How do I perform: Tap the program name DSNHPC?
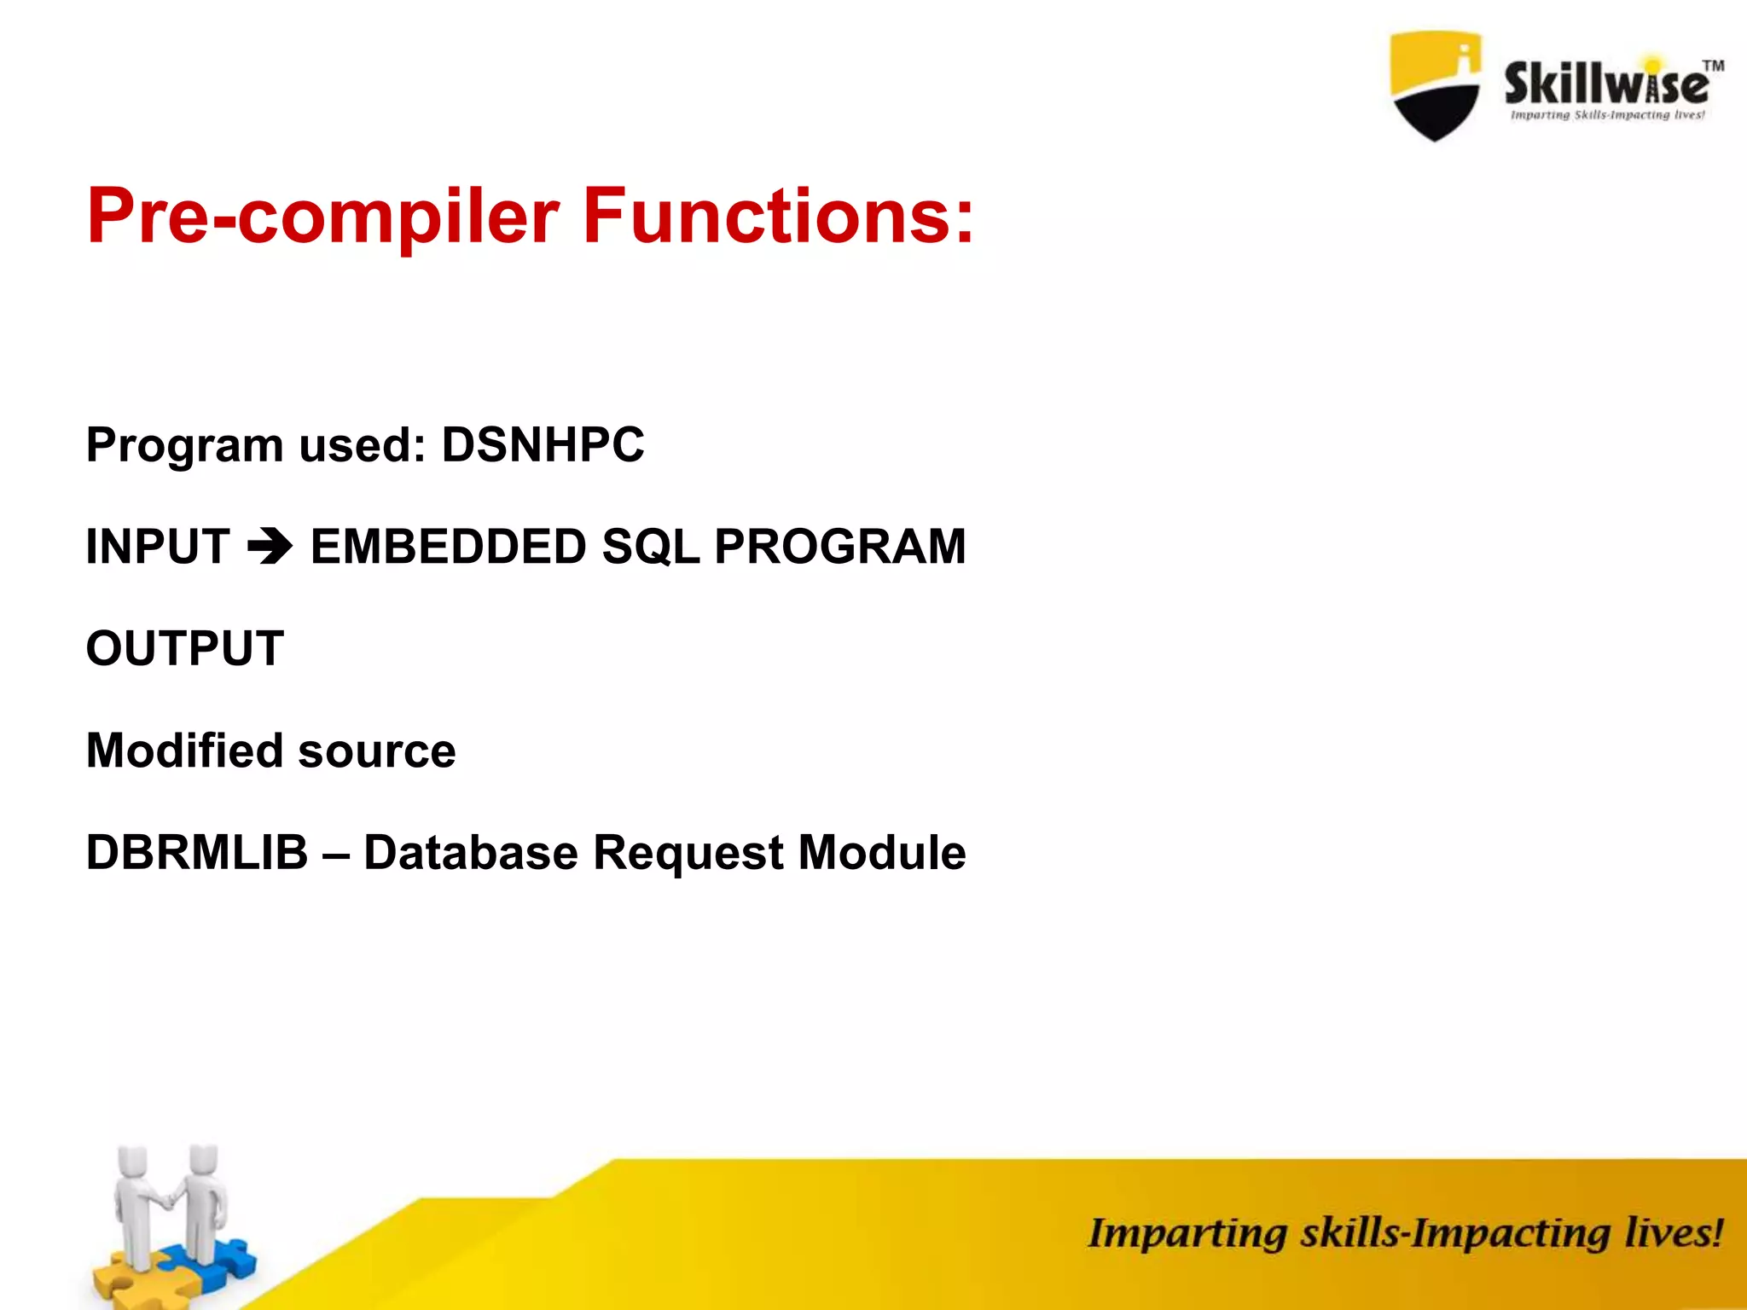click(543, 445)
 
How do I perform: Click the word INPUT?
click(158, 547)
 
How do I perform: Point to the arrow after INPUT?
click(270, 547)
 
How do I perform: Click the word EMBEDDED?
click(448, 547)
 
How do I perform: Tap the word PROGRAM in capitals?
click(839, 547)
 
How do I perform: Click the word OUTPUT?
click(184, 648)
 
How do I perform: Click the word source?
click(376, 752)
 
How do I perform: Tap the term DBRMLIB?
click(197, 853)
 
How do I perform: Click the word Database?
click(470, 853)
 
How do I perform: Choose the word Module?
click(881, 853)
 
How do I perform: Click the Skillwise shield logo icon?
click(1435, 85)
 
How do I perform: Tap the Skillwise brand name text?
click(1605, 84)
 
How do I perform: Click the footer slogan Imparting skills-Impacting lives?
click(1404, 1234)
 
